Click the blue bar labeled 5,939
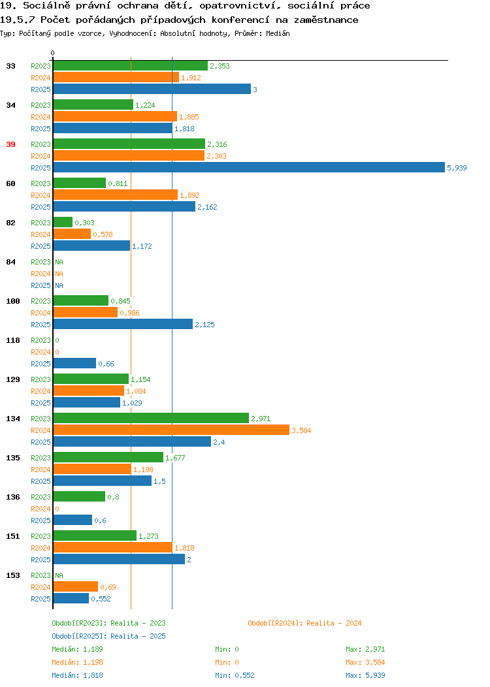pyautogui.click(x=249, y=167)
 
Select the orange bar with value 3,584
pyautogui.click(x=171, y=430)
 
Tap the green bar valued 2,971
pyautogui.click(x=151, y=418)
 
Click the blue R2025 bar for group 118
pyautogui.click(x=74, y=363)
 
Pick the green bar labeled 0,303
pyautogui.click(x=63, y=222)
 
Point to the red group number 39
pyautogui.click(x=11, y=144)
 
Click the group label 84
pyautogui.click(x=11, y=262)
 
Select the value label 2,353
pyautogui.click(x=220, y=66)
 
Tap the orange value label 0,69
pyautogui.click(x=108, y=586)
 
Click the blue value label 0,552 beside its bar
pyautogui.click(x=101, y=598)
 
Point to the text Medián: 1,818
pyautogui.click(x=78, y=675)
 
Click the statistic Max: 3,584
pyautogui.click(x=365, y=662)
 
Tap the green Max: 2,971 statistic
pyautogui.click(x=365, y=649)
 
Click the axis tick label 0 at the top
pyautogui.click(x=53, y=53)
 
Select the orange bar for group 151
pyautogui.click(x=113, y=547)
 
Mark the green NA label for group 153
pyautogui.click(x=59, y=575)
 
